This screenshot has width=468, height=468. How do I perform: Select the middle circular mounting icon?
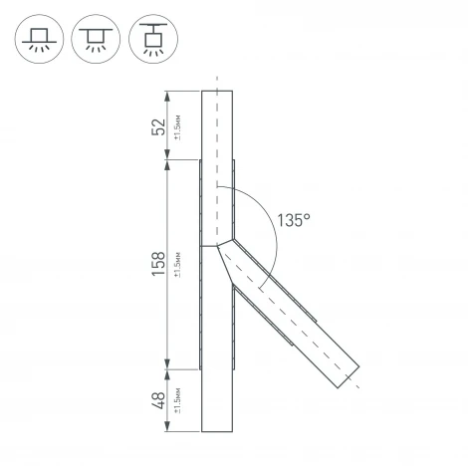pyautogui.click(x=94, y=39)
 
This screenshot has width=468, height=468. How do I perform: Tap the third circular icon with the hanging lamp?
pyautogui.click(x=150, y=39)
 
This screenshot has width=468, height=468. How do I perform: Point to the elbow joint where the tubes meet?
pyautogui.click(x=219, y=245)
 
